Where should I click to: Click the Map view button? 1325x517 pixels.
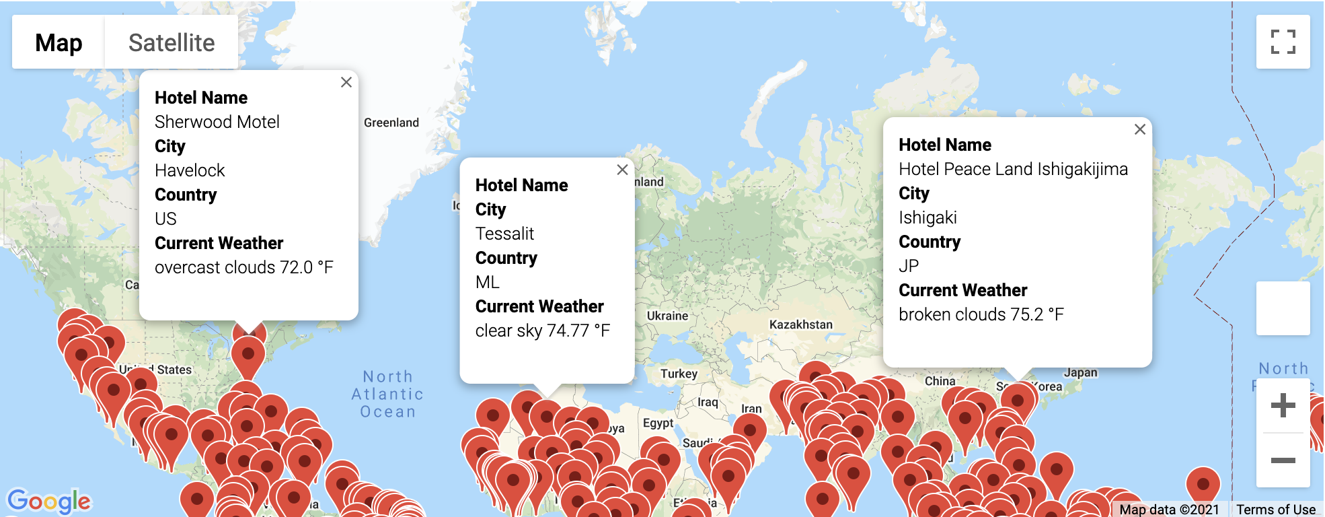[x=59, y=42]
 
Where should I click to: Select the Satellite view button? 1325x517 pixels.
[x=172, y=42]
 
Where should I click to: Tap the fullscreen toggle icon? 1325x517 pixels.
[x=1283, y=42]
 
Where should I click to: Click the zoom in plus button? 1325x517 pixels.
[x=1283, y=405]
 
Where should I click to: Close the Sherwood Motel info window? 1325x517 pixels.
[x=346, y=82]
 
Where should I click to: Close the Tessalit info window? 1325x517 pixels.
[x=622, y=170]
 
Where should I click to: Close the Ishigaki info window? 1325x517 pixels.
[x=1139, y=129]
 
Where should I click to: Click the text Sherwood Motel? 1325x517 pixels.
[x=217, y=122]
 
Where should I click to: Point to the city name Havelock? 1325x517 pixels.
[x=190, y=170]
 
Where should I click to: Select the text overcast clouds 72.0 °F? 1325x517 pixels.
[x=243, y=267]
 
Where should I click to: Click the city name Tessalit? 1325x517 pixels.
[x=504, y=234]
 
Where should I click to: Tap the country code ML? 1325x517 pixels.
[x=487, y=282]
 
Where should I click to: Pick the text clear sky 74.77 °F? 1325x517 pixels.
[x=542, y=331]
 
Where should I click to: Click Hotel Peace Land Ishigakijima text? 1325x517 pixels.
[x=1013, y=169]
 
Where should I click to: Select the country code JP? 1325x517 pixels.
[x=909, y=266]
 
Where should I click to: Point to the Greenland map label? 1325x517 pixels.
[x=391, y=123]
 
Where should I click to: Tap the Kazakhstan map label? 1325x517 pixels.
[x=800, y=324]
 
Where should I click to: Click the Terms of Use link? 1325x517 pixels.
[x=1275, y=510]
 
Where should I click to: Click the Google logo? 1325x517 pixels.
[x=48, y=502]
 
